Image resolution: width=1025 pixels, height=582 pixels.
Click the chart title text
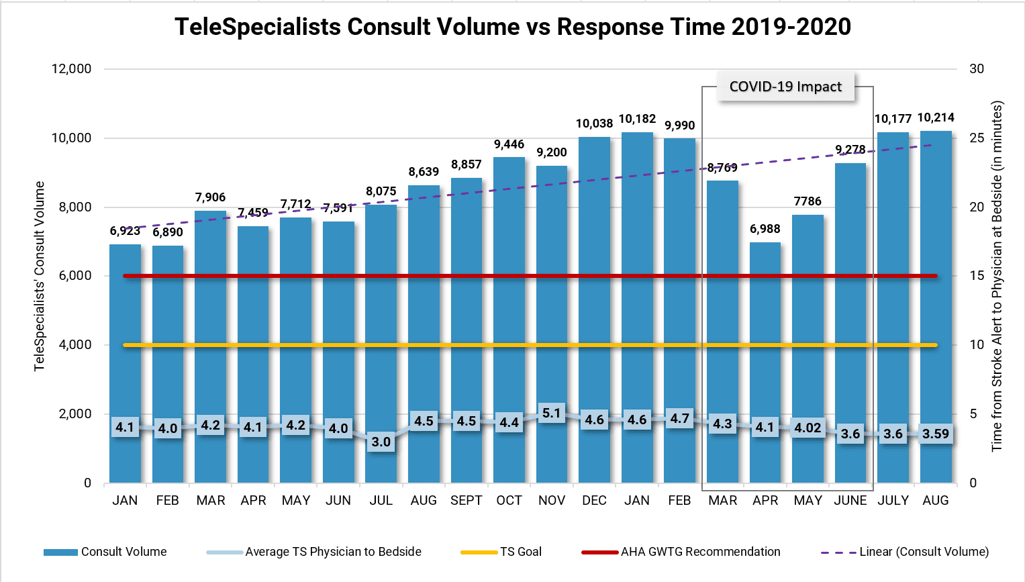tap(513, 27)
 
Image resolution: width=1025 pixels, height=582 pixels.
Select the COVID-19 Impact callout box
tap(785, 87)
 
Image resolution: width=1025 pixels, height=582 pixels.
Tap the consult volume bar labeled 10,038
tap(594, 269)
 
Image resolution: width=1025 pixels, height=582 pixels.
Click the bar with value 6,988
tap(765, 336)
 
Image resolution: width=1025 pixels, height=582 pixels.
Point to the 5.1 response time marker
tap(551, 414)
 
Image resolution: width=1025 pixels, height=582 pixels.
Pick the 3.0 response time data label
tap(381, 442)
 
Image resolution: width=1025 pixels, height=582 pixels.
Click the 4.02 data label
tap(808, 428)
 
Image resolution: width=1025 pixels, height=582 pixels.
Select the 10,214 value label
tap(936, 117)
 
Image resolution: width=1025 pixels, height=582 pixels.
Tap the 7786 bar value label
tap(808, 201)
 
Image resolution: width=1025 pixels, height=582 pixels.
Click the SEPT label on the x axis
tap(467, 500)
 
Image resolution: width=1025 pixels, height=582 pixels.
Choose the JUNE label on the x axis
tap(850, 500)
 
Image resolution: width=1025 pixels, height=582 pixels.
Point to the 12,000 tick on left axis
tap(71, 68)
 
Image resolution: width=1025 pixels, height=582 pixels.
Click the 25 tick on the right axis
tap(977, 138)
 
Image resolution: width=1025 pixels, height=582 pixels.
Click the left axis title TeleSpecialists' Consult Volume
tap(40, 276)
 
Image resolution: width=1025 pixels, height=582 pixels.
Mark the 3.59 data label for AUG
tap(936, 434)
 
